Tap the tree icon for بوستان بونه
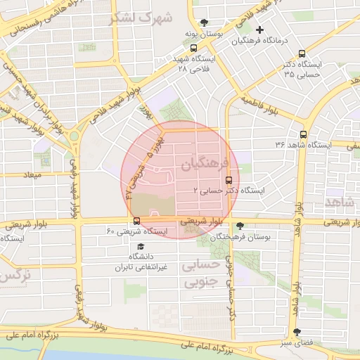[204, 22]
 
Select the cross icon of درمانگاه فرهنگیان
[260, 30]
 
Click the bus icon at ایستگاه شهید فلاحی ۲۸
[193, 49]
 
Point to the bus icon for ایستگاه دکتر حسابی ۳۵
[302, 53]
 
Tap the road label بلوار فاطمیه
[263, 106]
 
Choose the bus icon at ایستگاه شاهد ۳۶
[303, 134]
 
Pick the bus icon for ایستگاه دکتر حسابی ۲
[228, 179]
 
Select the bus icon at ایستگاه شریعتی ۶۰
[136, 220]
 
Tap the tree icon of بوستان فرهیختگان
[240, 226]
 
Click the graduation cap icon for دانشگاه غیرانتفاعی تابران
[141, 247]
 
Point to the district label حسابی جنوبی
[200, 275]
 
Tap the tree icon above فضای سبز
[296, 332]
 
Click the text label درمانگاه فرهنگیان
[263, 41]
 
